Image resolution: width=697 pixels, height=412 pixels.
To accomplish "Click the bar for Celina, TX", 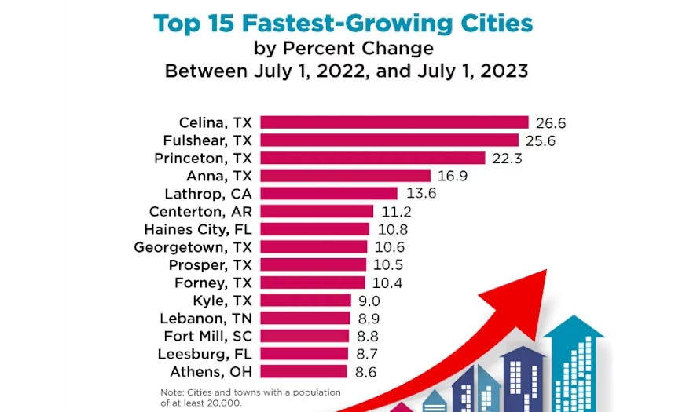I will [x=394, y=122].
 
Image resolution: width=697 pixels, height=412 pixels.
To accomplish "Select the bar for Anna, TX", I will [x=345, y=176].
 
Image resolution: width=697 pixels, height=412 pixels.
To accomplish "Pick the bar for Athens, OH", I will [x=303, y=371].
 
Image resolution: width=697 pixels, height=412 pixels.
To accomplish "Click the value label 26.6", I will [x=551, y=123].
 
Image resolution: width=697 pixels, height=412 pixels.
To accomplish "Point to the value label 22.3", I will [x=507, y=159].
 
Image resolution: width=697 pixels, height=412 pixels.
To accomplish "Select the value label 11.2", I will [x=395, y=212].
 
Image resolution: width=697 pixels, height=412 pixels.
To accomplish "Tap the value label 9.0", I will [x=370, y=301].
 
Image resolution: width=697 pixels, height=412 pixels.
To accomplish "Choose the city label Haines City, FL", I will [x=197, y=229].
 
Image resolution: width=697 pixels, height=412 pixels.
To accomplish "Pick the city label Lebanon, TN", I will [x=205, y=318].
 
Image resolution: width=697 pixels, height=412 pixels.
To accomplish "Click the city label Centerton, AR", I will [x=200, y=212].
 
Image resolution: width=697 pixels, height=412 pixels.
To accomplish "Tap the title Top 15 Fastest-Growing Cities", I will [x=343, y=23].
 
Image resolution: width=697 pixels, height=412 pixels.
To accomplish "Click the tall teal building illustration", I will [x=573, y=365].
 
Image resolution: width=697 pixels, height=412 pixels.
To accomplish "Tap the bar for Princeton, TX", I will [x=372, y=158].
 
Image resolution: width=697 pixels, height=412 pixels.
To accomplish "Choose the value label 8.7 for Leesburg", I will [x=369, y=354].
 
